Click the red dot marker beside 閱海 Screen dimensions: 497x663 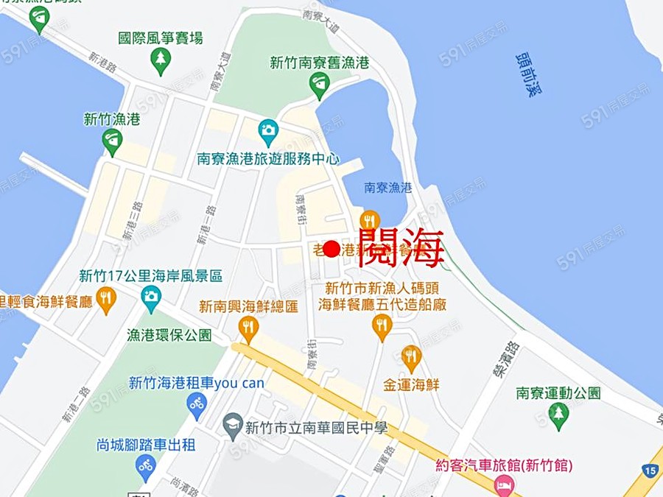[x=331, y=249]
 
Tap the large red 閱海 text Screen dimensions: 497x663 [x=401, y=246]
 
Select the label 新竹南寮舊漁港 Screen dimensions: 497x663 [x=319, y=63]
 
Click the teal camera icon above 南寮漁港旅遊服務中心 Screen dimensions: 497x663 [x=268, y=132]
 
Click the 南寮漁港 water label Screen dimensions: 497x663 [x=387, y=188]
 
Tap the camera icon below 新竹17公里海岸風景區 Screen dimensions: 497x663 [x=150, y=297]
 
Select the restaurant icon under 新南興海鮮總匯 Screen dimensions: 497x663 [x=248, y=328]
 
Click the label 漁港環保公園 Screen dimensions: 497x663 [x=169, y=335]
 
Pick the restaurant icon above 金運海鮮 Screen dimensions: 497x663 [x=411, y=357]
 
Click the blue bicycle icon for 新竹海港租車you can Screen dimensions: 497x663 [x=196, y=404]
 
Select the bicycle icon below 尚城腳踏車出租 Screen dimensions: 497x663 [x=145, y=465]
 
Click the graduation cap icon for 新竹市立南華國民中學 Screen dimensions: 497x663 [x=233, y=425]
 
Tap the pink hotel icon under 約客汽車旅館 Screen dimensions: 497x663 [x=504, y=484]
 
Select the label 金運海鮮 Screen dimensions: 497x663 [x=411, y=384]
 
